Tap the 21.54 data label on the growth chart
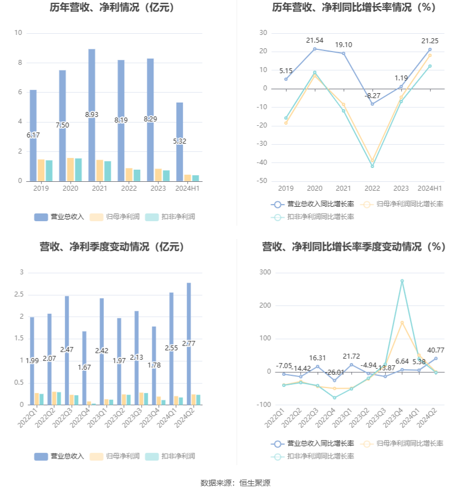315,40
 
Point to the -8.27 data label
372,96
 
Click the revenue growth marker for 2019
286,79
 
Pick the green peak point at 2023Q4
402,281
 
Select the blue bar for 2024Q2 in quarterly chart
189,344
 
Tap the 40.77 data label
436,350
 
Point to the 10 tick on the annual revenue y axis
18,33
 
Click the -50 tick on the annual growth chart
263,181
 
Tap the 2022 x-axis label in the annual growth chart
372,189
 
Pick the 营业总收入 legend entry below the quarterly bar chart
59,456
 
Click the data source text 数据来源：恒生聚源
235,483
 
